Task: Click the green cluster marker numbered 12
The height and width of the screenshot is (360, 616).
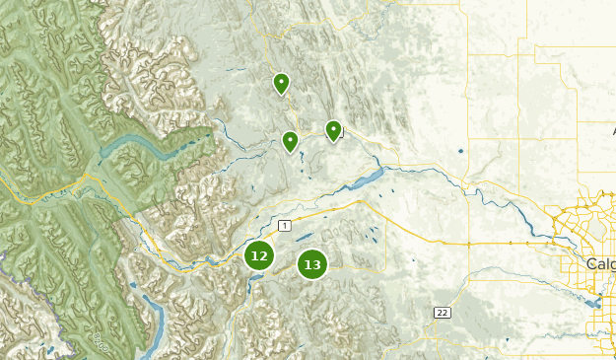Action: [258, 256]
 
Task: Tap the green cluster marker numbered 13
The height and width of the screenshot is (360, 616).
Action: [312, 264]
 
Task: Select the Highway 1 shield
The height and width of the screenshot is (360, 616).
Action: [284, 226]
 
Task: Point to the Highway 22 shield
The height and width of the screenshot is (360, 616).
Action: [443, 313]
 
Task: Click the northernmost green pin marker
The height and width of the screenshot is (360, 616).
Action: [281, 83]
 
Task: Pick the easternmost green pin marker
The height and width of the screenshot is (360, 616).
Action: [333, 129]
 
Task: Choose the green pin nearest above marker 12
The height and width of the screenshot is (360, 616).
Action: [290, 141]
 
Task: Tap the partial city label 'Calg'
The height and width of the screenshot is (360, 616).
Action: [600, 264]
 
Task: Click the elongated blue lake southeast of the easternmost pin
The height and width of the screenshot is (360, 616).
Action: [363, 180]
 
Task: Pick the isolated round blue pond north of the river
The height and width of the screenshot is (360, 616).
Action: [459, 151]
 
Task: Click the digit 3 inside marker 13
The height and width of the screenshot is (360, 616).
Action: [316, 264]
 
